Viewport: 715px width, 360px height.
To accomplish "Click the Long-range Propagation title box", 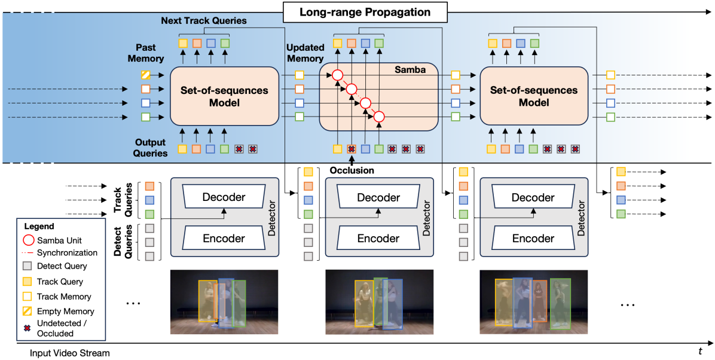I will pyautogui.click(x=365, y=11).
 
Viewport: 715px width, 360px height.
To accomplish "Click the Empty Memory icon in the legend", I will pyautogui.click(x=27, y=311).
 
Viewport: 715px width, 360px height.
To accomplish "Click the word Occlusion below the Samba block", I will pyautogui.click(x=352, y=170).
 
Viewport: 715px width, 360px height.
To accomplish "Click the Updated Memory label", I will pyautogui.click(x=305, y=53).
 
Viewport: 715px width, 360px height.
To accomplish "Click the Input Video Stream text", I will pyautogui.click(x=70, y=353).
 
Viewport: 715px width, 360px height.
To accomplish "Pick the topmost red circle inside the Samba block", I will pyautogui.click(x=337, y=75).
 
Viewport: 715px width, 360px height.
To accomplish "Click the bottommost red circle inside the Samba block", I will pyautogui.click(x=378, y=117).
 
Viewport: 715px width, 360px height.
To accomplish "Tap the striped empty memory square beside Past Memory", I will pyautogui.click(x=145, y=75).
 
